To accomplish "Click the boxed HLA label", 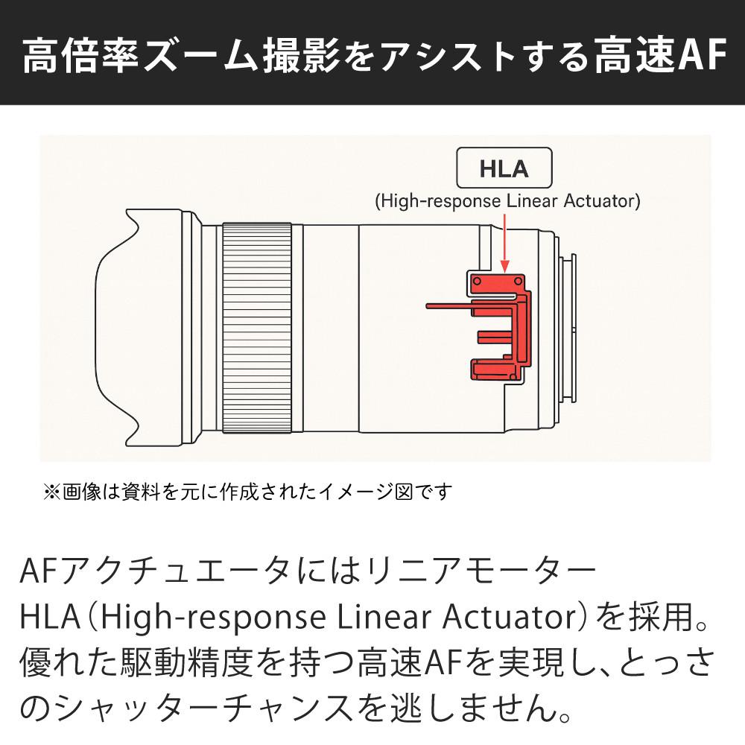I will [x=504, y=168].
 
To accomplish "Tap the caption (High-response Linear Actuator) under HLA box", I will [x=507, y=201].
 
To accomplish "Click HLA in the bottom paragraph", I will [x=54, y=618].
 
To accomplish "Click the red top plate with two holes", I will [x=499, y=282].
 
